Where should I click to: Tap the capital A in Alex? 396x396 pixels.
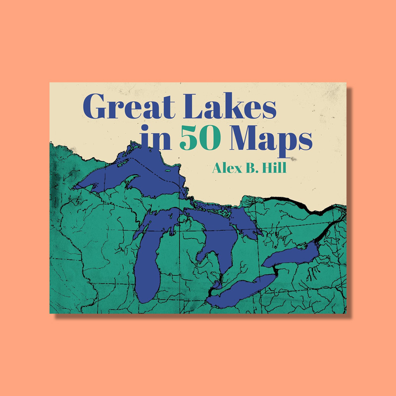click(217, 168)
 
